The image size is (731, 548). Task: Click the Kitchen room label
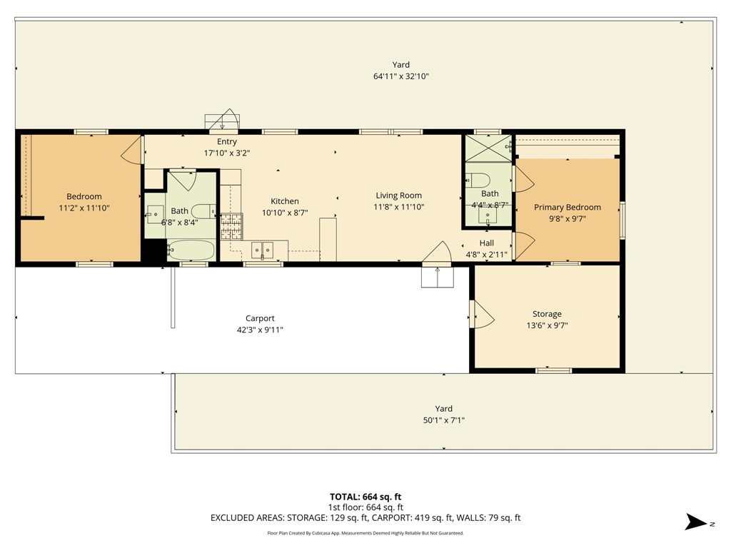(x=284, y=201)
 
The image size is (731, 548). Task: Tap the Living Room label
(x=398, y=196)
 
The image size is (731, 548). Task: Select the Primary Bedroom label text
(x=568, y=208)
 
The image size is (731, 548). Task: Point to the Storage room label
(x=547, y=314)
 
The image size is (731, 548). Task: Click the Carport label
(x=260, y=318)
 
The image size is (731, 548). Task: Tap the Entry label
(x=227, y=142)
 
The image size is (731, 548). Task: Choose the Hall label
(x=487, y=243)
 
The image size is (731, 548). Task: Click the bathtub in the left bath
(x=191, y=250)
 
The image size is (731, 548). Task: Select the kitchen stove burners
(x=231, y=226)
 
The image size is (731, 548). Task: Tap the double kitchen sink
(x=263, y=250)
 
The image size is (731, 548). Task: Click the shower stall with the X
(x=488, y=148)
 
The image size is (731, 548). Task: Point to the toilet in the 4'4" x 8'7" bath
(x=478, y=180)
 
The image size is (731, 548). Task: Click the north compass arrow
(x=697, y=522)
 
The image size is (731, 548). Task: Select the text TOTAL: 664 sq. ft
(x=365, y=497)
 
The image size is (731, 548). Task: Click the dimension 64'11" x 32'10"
(x=401, y=76)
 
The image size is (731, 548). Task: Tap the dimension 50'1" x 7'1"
(x=444, y=420)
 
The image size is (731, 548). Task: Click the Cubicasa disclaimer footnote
(x=365, y=533)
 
